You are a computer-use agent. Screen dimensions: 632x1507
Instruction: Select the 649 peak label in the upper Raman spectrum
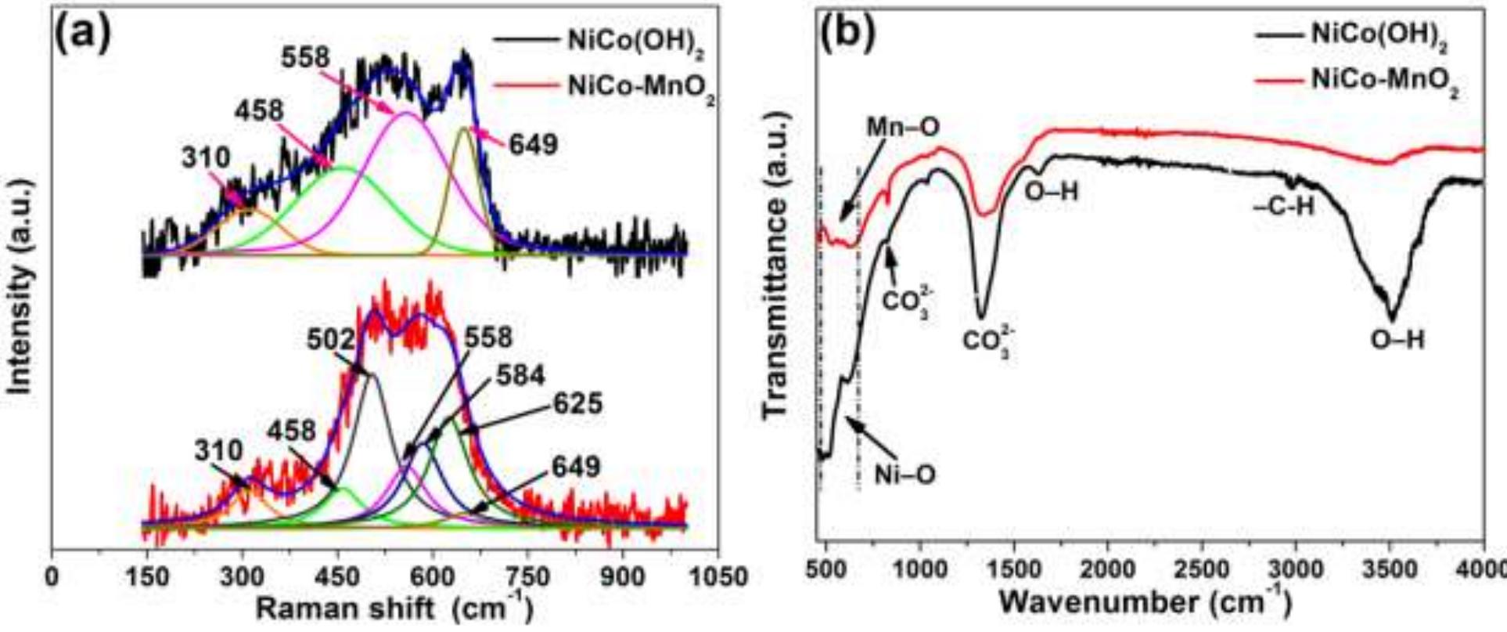click(x=533, y=145)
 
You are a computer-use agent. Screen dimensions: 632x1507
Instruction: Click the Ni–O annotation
click(x=905, y=475)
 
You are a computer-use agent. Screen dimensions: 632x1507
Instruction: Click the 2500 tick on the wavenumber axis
click(x=1201, y=568)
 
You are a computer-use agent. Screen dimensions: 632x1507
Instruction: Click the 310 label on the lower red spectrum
click(x=220, y=451)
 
